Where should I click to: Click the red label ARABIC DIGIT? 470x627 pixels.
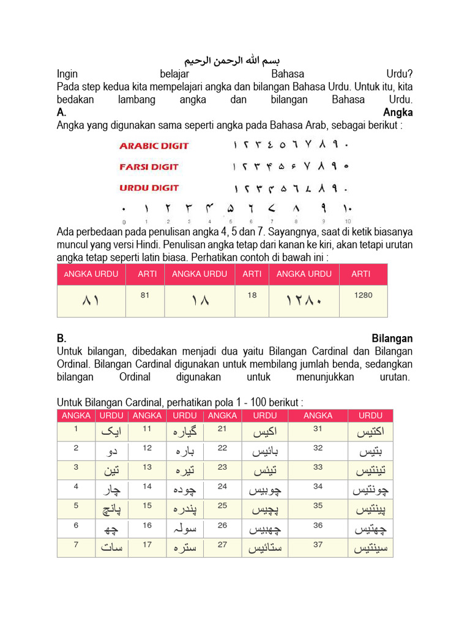coord(154,146)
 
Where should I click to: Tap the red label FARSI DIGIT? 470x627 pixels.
coord(149,167)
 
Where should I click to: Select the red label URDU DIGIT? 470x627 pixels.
coord(149,187)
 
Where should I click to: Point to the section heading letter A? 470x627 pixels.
coord(61,112)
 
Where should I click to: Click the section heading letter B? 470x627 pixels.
coord(61,338)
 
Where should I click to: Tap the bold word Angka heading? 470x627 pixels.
coord(398,112)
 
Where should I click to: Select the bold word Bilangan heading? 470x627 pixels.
coord(392,338)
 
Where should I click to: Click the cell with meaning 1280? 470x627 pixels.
coord(363,295)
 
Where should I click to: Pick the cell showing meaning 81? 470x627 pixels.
coord(145,295)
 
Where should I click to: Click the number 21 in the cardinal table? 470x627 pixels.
coord(223,429)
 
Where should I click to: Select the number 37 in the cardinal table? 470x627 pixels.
coord(318,544)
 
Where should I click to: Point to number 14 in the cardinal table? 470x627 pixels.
coord(147,487)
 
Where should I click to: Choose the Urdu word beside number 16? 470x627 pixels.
coord(185,528)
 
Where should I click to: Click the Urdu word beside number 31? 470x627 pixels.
coord(370,433)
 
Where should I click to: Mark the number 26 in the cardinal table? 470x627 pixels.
coord(223,525)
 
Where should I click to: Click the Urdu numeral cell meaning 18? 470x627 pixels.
coord(200,301)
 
